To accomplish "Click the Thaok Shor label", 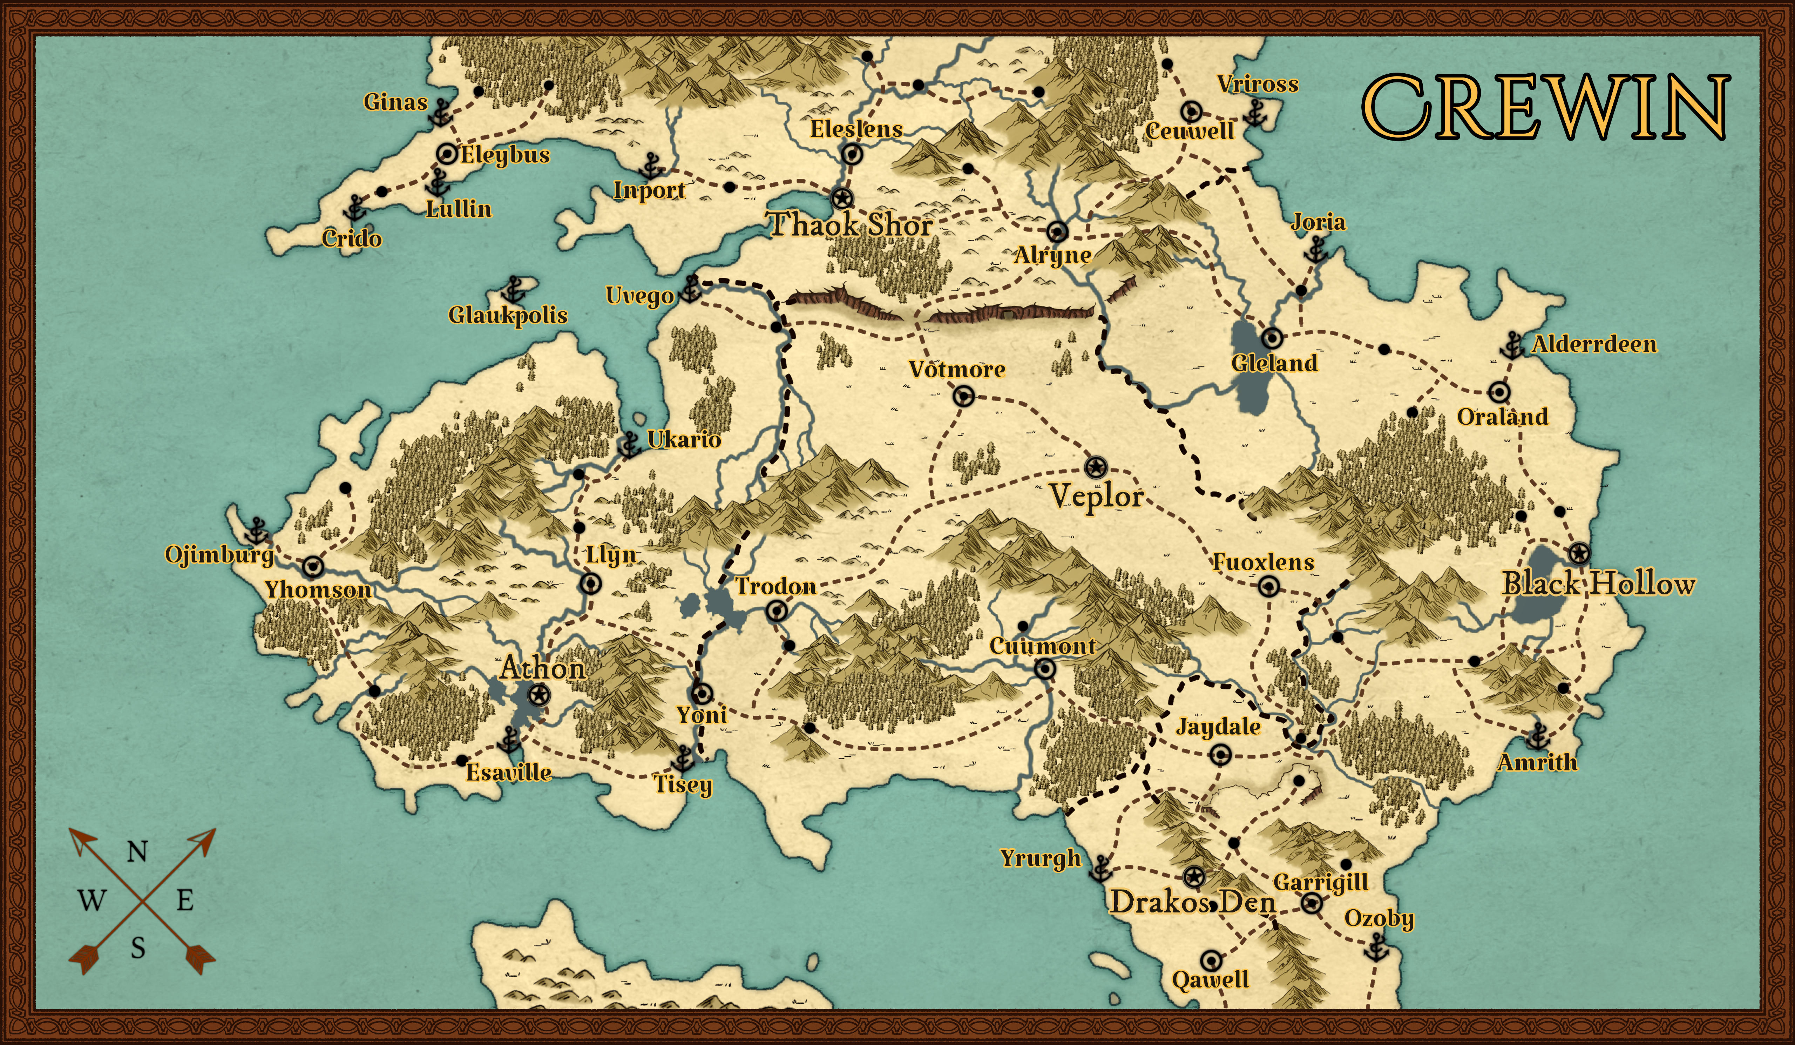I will (x=851, y=225).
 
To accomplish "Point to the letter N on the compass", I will (x=137, y=852).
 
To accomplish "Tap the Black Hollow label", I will (x=1598, y=584).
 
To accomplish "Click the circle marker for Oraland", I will (x=1499, y=392).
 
